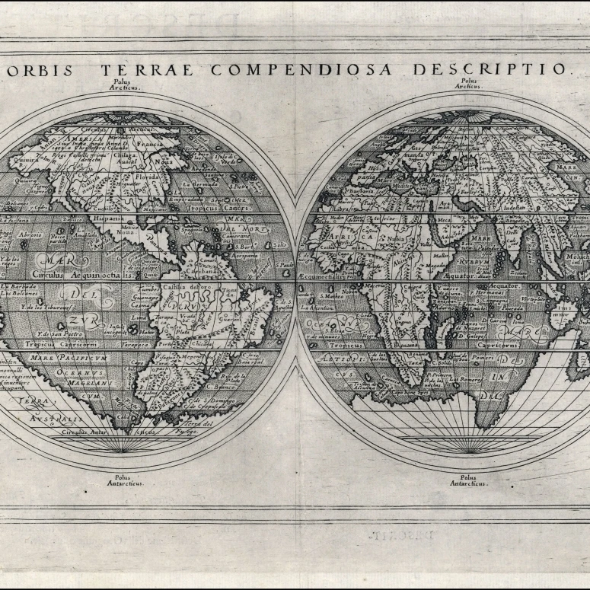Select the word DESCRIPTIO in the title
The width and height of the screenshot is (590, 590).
point(490,69)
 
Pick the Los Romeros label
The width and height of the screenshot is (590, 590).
point(462,378)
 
